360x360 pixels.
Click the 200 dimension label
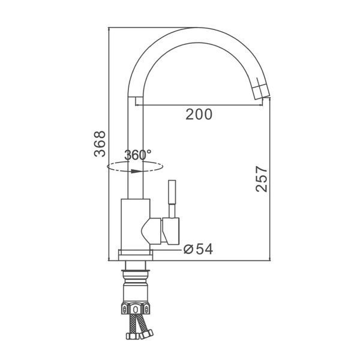coord(199,115)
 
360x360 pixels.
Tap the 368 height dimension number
coord(100,144)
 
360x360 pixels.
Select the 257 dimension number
coord(262,179)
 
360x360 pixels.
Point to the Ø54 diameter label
coord(199,249)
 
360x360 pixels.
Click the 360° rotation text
coord(138,155)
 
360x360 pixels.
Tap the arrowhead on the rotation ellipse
coord(136,171)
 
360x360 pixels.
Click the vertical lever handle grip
coord(172,192)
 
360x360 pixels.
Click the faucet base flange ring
coord(136,256)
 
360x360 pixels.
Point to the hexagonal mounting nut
coord(136,308)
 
